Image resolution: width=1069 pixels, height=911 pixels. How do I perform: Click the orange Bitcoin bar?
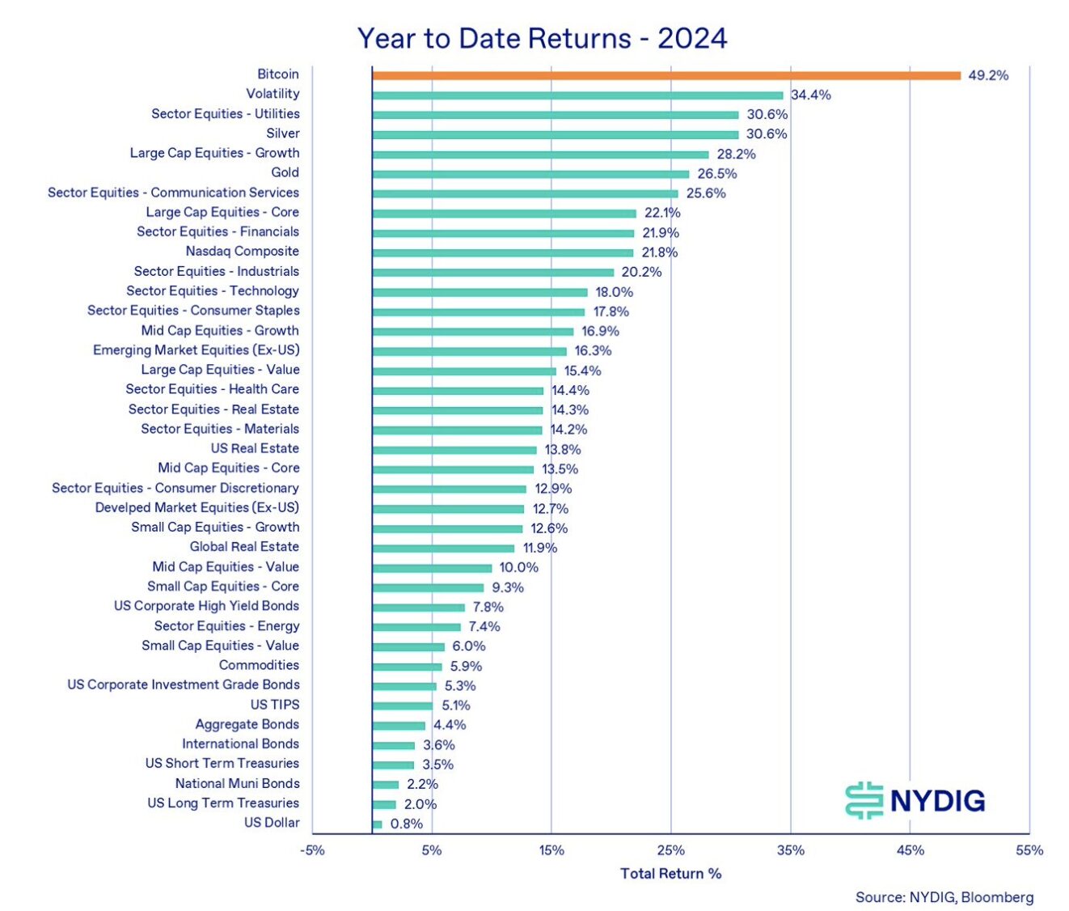(666, 75)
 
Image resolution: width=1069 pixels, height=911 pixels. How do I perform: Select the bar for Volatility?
(577, 95)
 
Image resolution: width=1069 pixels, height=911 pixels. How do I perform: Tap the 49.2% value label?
(988, 75)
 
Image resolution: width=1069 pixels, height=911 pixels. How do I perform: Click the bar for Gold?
(530, 174)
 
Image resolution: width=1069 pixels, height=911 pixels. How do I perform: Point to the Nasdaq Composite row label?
(242, 252)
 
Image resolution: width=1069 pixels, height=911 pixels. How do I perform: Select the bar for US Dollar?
(378, 824)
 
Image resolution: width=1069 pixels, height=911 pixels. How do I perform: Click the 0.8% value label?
(407, 824)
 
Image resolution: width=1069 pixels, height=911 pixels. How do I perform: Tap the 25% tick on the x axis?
(670, 850)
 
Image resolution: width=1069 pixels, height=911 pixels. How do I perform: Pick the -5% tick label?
(312, 850)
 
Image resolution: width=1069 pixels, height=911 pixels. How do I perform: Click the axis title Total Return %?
(670, 874)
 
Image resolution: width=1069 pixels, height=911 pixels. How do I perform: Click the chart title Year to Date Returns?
(542, 38)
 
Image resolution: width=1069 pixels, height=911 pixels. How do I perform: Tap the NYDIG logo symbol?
(864, 801)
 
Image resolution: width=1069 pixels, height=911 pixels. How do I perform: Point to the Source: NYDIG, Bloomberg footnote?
(944, 897)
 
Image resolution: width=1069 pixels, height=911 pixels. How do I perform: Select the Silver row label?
(283, 133)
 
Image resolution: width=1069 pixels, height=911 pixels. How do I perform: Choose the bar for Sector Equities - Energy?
(416, 627)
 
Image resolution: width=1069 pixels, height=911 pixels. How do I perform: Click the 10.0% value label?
(518, 568)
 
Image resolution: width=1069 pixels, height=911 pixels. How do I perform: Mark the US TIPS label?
(274, 705)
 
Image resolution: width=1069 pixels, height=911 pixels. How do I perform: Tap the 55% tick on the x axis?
(1029, 850)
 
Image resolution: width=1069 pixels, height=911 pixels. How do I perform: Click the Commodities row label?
(259, 665)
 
